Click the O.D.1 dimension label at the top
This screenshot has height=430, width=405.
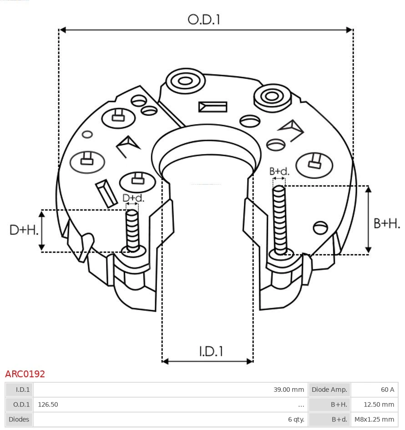pyautogui.click(x=204, y=20)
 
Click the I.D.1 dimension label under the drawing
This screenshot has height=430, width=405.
pyautogui.click(x=211, y=351)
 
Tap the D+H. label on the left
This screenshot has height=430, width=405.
pyautogui.click(x=24, y=230)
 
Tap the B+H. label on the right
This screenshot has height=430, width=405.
pyautogui.click(x=386, y=224)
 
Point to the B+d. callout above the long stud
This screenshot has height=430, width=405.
pyautogui.click(x=279, y=171)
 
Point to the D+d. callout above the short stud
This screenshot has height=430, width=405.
pyautogui.click(x=133, y=198)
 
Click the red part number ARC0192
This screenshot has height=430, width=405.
pyautogui.click(x=25, y=374)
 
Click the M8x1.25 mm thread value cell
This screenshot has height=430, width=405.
pyautogui.click(x=374, y=420)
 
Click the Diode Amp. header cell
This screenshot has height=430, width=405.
pyautogui.click(x=329, y=390)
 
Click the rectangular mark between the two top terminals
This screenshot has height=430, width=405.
pyautogui.click(x=213, y=107)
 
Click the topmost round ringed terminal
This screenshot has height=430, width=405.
pyautogui.click(x=185, y=82)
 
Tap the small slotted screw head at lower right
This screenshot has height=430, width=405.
pyautogui.click(x=321, y=227)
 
